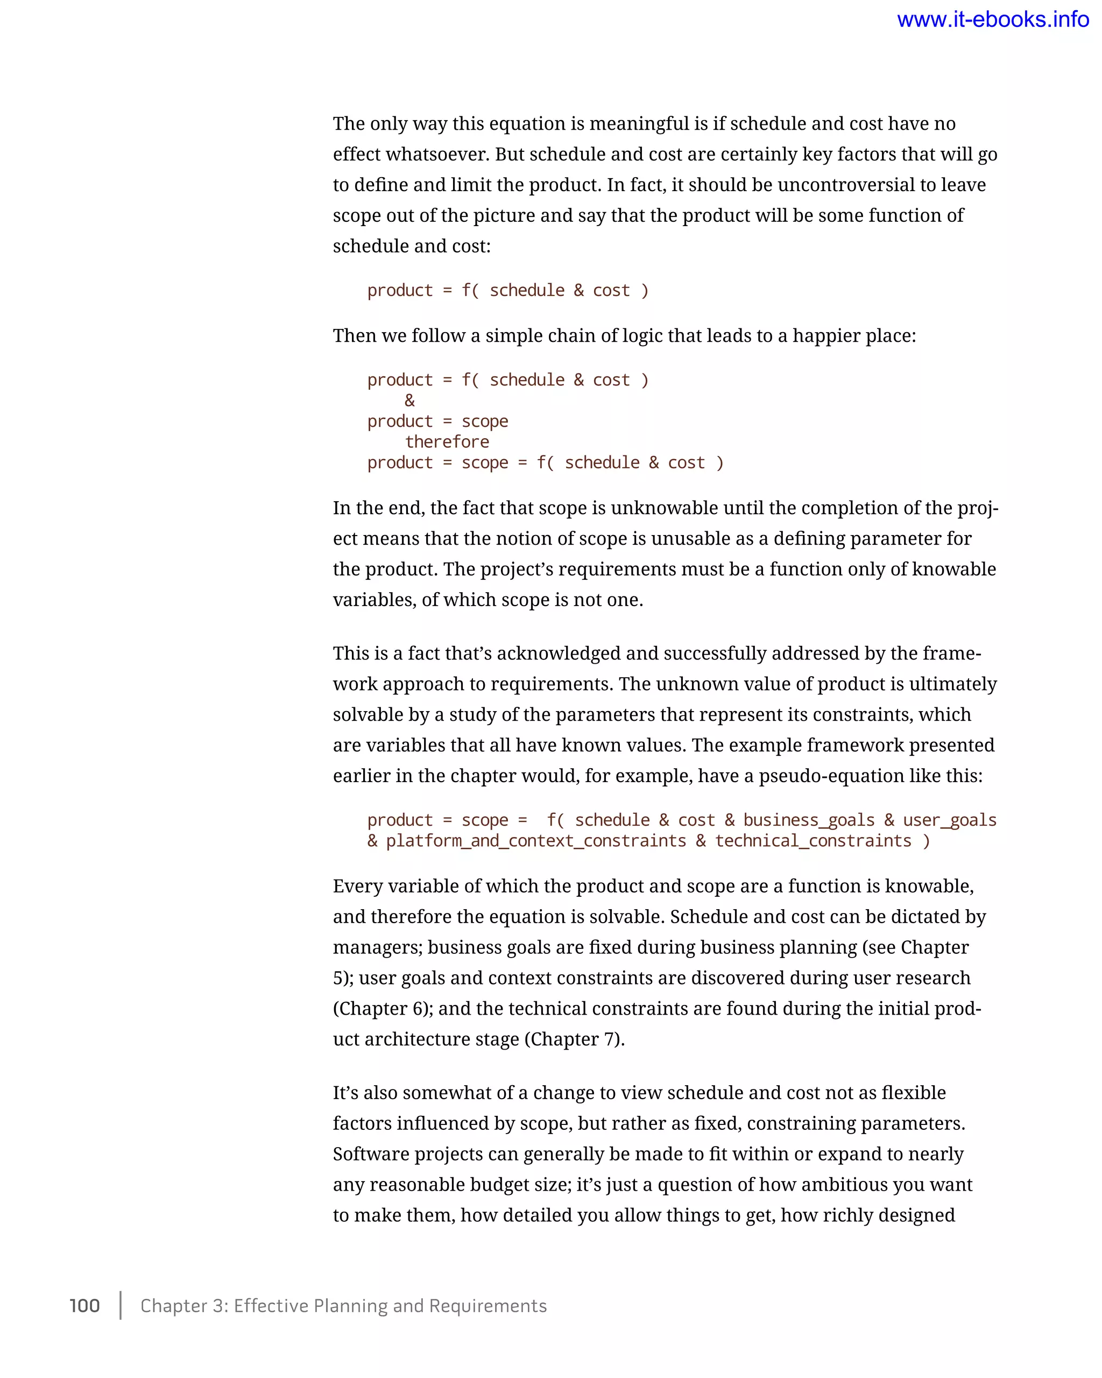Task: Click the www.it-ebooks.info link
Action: click(x=992, y=20)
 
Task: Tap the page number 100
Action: click(x=84, y=1305)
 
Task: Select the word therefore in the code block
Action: click(x=447, y=441)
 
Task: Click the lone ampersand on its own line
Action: click(x=409, y=400)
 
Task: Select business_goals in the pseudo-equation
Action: click(x=809, y=820)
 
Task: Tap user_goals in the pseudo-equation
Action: click(x=949, y=820)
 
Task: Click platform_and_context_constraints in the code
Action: click(x=535, y=841)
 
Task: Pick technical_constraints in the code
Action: click(x=813, y=841)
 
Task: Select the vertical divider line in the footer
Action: click(x=120, y=1305)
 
